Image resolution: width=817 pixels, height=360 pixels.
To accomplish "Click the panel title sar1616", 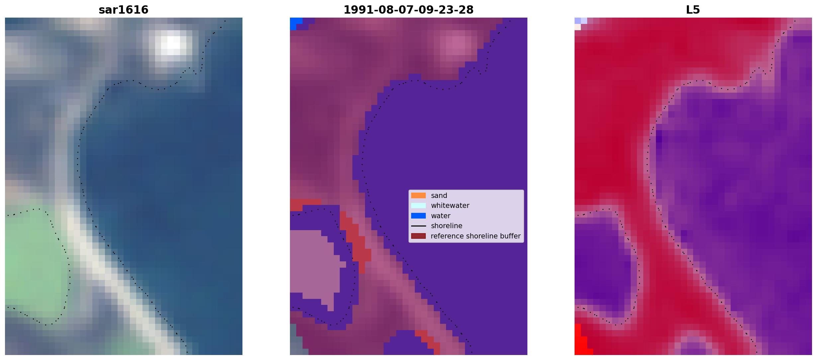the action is click(x=124, y=10).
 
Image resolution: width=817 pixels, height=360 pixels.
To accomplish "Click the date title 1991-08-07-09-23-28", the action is click(x=408, y=10).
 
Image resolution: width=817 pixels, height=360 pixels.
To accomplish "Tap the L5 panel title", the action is click(x=693, y=10).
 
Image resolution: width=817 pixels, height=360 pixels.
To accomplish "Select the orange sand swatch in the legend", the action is click(x=418, y=196).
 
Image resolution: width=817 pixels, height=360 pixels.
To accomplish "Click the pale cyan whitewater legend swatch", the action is click(x=418, y=206).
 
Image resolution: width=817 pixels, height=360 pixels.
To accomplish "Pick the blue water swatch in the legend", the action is click(x=418, y=216).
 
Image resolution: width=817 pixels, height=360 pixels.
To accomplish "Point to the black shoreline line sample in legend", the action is click(x=418, y=226).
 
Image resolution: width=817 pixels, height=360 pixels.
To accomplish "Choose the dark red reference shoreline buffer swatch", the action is click(x=418, y=236).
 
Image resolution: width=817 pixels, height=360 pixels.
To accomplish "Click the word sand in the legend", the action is click(x=439, y=196).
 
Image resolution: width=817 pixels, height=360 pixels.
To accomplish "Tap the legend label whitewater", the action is click(x=450, y=206).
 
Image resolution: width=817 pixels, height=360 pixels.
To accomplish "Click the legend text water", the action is click(x=441, y=216).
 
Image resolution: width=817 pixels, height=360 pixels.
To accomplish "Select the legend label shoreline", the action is click(x=447, y=226).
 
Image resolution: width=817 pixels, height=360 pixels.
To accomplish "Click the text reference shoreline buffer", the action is click(x=476, y=236).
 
